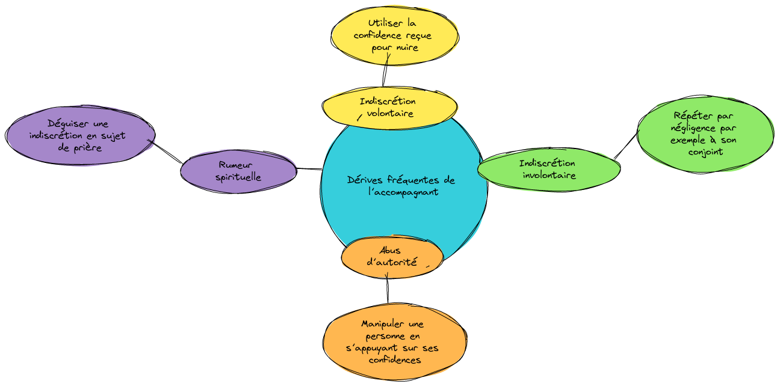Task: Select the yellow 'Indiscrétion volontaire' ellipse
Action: pyautogui.click(x=388, y=108)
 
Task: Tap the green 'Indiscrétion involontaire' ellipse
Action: pyautogui.click(x=548, y=170)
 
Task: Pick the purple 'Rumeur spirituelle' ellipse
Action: pyautogui.click(x=238, y=171)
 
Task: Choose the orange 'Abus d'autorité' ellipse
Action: pyautogui.click(x=392, y=257)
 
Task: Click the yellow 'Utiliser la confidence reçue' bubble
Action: pyautogui.click(x=395, y=35)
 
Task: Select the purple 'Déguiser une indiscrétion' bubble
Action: pyautogui.click(x=80, y=136)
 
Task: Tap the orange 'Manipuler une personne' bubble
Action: pyautogui.click(x=395, y=342)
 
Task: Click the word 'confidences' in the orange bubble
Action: pyautogui.click(x=394, y=360)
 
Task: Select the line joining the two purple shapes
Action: pyautogui.click(x=167, y=152)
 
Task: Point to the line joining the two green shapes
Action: pyautogui.click(x=626, y=145)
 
